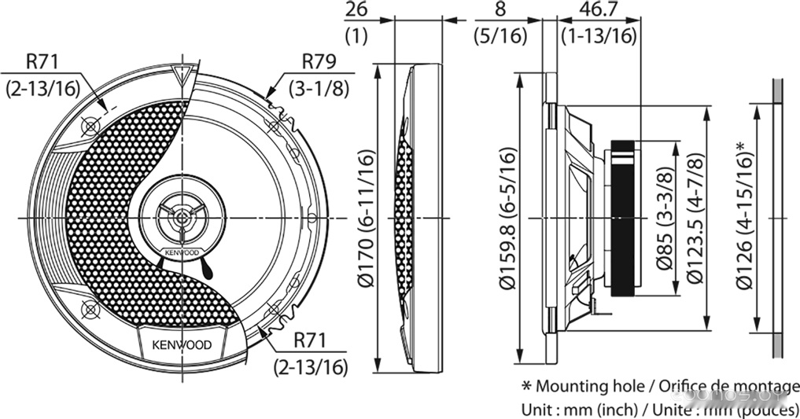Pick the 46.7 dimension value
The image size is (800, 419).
tap(598, 11)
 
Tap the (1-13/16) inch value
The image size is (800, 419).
tap(598, 35)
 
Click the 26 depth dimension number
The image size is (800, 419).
tap(356, 11)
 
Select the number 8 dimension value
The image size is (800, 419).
tap(500, 11)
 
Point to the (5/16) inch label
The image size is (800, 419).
tap(500, 35)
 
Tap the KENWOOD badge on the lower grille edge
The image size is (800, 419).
tap(181, 344)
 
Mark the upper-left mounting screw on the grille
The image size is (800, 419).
tap(90, 125)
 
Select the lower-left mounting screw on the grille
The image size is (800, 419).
tap(89, 310)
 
